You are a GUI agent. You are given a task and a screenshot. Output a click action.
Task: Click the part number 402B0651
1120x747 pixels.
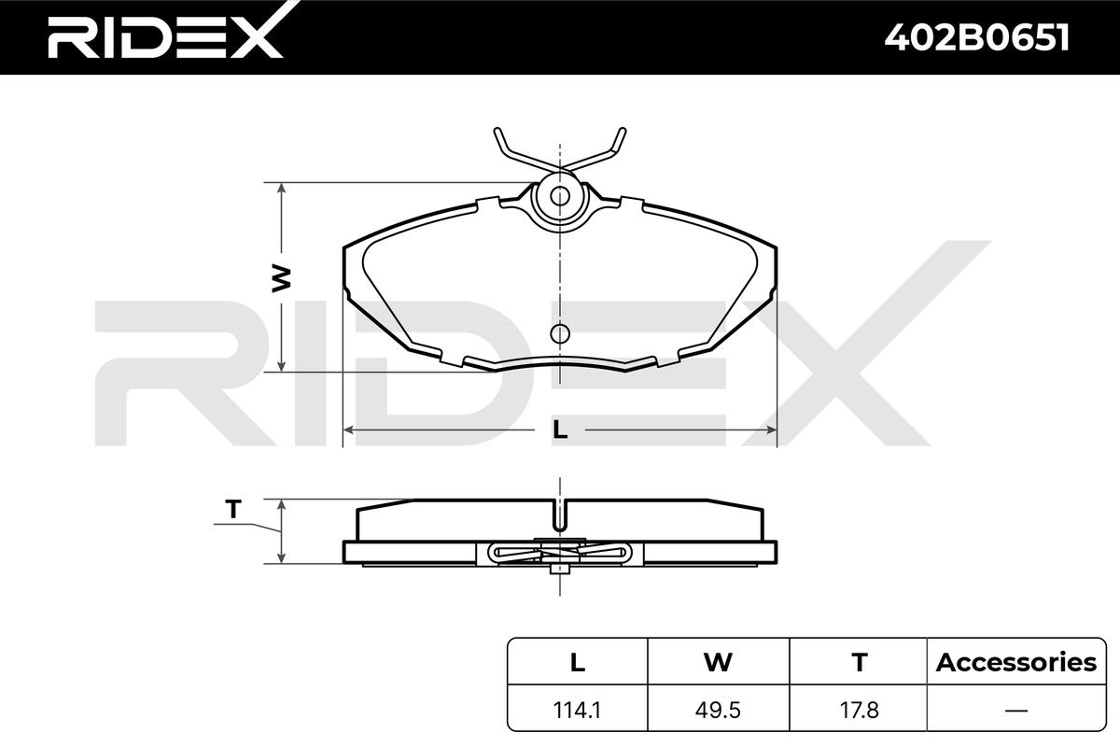(x=977, y=37)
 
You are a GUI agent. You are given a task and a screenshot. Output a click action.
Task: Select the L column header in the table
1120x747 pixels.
(x=578, y=662)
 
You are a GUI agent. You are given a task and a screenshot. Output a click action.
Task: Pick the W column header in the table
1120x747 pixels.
(x=718, y=662)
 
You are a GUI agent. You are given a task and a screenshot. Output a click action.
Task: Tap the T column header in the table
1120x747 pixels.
(x=859, y=662)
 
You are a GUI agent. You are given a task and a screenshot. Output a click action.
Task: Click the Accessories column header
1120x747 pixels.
(x=1016, y=662)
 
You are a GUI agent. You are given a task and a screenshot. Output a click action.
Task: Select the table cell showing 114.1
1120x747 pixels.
(x=577, y=711)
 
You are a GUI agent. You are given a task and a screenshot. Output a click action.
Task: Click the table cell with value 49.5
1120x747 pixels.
(x=718, y=711)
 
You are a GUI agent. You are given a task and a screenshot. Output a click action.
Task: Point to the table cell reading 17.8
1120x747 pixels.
(x=859, y=711)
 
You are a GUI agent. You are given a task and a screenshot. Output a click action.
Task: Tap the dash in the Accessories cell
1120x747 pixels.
(x=1016, y=711)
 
